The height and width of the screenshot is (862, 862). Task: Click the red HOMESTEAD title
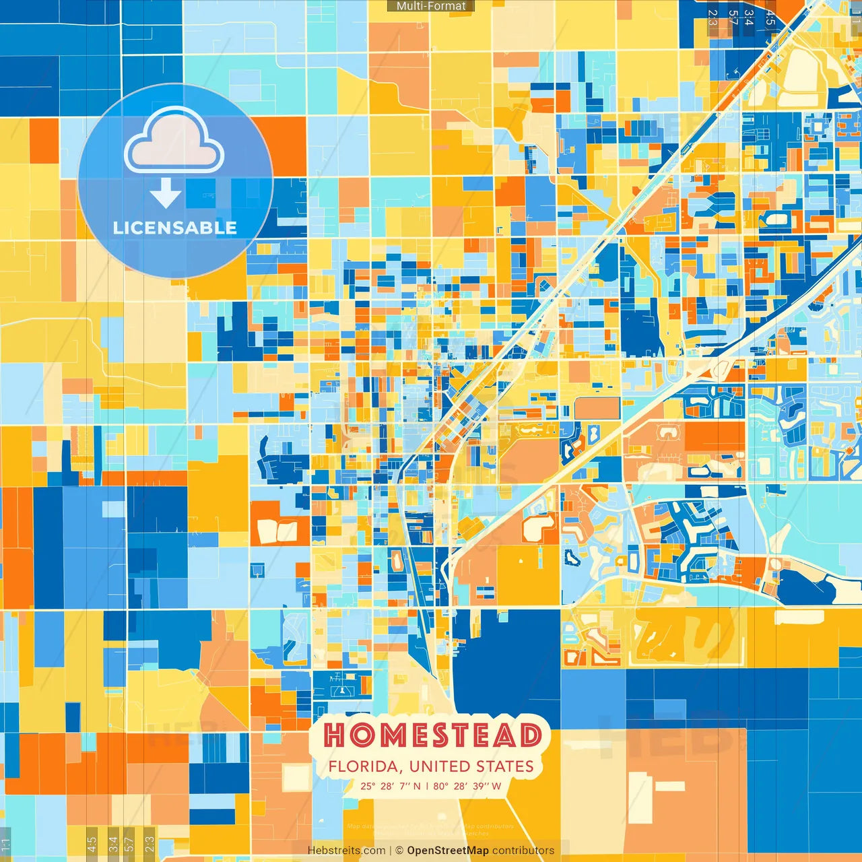tap(432, 735)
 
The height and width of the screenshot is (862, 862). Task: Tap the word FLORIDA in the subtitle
tap(366, 766)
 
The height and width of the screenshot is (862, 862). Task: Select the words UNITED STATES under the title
tap(471, 766)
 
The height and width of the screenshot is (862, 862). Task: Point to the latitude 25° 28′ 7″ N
tap(390, 786)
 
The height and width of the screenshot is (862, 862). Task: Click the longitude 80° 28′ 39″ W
tap(467, 786)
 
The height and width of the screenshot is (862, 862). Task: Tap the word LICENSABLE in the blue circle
tap(175, 228)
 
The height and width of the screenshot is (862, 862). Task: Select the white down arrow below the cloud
tap(166, 193)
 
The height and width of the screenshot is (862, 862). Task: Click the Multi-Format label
tap(431, 6)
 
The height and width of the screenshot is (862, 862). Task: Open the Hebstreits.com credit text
tap(346, 851)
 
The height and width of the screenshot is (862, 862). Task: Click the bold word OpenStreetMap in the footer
tap(447, 851)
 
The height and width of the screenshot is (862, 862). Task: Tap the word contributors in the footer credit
tap(523, 851)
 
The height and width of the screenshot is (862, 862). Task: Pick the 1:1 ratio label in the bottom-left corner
tap(5, 844)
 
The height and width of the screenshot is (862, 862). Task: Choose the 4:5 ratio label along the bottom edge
tap(92, 843)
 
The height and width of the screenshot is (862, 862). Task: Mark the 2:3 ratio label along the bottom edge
tap(149, 843)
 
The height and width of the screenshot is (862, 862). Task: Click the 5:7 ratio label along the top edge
tap(733, 18)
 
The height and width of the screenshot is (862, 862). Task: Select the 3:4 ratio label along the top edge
tap(750, 18)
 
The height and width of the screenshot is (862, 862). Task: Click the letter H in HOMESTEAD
tap(335, 735)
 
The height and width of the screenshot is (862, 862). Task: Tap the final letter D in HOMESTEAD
tap(530, 735)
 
